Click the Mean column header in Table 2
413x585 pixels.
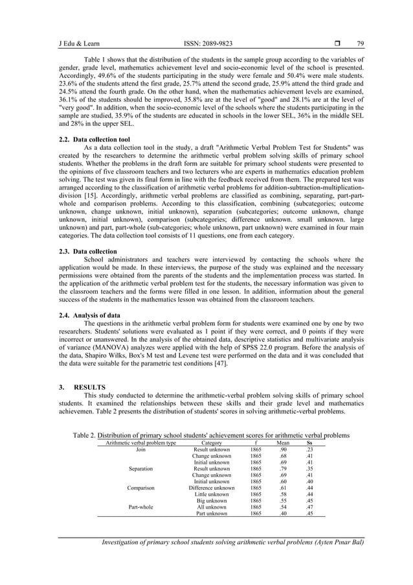[283, 444]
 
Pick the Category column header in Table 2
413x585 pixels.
[212, 444]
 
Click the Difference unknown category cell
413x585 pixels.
[212, 488]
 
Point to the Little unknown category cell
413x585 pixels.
[212, 494]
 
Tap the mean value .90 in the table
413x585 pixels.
[283, 450]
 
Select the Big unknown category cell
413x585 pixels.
[212, 501]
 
